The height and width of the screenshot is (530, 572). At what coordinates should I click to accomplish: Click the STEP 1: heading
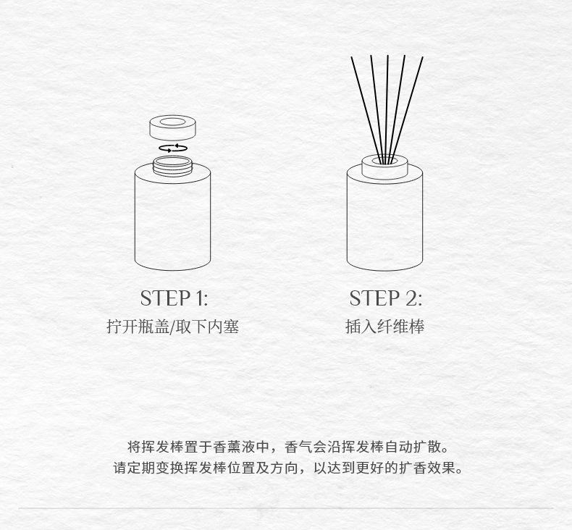(x=174, y=298)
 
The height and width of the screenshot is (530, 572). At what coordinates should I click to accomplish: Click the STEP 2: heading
(x=386, y=298)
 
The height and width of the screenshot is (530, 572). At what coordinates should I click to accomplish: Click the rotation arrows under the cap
(x=173, y=148)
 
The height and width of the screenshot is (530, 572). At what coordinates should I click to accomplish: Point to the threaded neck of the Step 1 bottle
(x=172, y=167)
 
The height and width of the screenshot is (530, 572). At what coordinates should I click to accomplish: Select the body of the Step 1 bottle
(x=172, y=219)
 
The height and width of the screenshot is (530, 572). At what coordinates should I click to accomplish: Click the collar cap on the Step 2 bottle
(x=384, y=167)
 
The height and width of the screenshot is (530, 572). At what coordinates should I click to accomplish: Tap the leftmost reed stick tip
(x=352, y=57)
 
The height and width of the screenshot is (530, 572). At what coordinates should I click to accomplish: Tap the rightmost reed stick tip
(x=422, y=57)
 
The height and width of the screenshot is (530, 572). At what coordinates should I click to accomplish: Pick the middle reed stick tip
(x=387, y=56)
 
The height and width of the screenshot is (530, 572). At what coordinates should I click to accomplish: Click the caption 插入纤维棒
(x=385, y=327)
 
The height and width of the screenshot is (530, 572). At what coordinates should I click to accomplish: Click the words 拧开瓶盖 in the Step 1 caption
(x=138, y=327)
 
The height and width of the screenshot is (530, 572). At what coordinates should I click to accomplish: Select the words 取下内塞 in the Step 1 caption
(x=207, y=327)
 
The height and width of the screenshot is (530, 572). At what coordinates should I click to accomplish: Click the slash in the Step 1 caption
(x=172, y=327)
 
